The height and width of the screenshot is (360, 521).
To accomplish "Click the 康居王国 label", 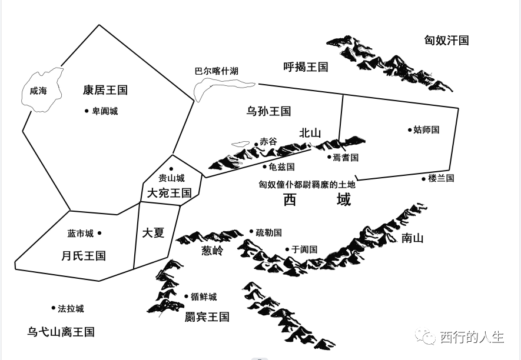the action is tap(105, 90).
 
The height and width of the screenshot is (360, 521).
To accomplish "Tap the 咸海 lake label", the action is tap(38, 91).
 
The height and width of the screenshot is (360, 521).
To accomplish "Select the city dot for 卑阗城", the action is tap(87, 111).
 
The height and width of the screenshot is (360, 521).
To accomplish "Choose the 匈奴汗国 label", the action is tap(446, 41).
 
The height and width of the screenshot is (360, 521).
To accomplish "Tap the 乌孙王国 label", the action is tap(268, 111).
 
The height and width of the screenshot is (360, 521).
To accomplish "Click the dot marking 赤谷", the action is tap(255, 143).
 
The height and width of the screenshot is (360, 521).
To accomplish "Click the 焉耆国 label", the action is tap(346, 157).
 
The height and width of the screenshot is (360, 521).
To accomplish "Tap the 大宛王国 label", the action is tap(169, 192).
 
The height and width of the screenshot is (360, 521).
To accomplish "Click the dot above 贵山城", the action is tap(171, 169).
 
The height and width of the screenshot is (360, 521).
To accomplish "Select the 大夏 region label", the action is tap(153, 232).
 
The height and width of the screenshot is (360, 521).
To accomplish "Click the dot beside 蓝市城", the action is tap(99, 234).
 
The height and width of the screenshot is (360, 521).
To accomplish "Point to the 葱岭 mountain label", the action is tap(213, 251).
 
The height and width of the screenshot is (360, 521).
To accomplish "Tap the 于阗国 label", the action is tap(304, 249).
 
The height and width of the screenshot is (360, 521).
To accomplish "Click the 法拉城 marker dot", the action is tap(53, 308).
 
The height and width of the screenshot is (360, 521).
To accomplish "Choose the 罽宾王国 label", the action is tap(207, 317).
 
